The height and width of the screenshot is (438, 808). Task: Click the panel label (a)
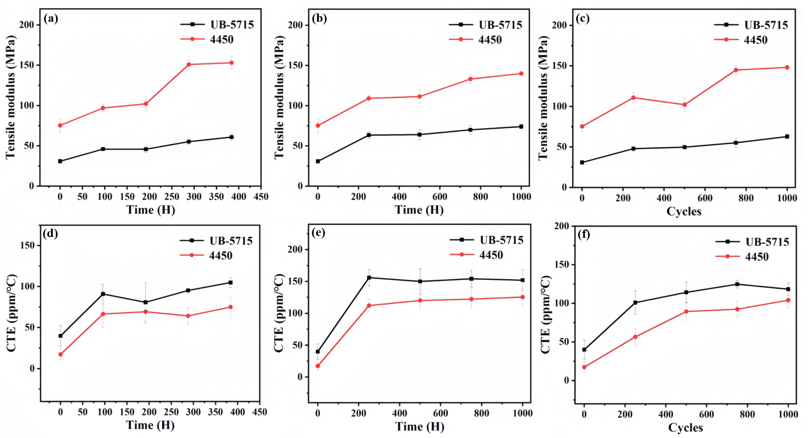[51, 19]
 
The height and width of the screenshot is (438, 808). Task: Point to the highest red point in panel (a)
[231, 63]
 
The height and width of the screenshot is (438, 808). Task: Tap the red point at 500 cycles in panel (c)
[684, 105]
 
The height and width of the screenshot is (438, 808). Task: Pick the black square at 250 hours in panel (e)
[369, 278]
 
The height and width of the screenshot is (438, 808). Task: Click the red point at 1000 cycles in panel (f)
[788, 300]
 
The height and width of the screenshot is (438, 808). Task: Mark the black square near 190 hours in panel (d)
[145, 302]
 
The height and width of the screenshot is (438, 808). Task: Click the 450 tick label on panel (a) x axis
[261, 197]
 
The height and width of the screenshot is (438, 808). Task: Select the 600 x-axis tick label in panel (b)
[440, 197]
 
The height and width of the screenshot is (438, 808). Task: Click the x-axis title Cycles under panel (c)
[684, 211]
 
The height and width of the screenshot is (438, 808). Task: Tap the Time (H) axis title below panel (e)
[419, 427]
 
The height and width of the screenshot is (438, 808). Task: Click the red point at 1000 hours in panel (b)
[521, 74]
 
